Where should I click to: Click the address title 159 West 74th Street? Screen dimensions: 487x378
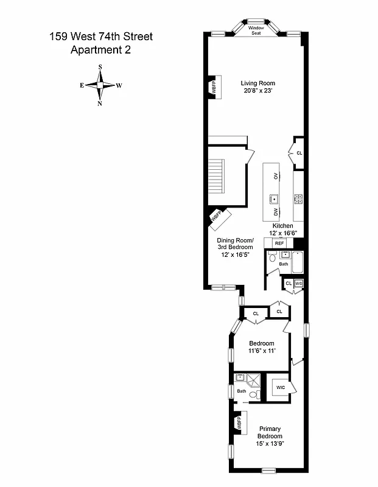pyautogui.click(x=100, y=37)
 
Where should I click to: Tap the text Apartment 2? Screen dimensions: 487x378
pyautogui.click(x=100, y=51)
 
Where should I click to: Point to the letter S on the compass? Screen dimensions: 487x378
pyautogui.click(x=100, y=67)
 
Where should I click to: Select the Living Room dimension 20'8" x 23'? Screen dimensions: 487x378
pyautogui.click(x=257, y=92)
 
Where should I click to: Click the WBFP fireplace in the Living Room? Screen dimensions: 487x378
pyautogui.click(x=213, y=86)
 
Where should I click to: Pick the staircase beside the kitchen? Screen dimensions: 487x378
pyautogui.click(x=219, y=181)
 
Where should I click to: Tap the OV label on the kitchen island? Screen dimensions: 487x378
pyautogui.click(x=276, y=176)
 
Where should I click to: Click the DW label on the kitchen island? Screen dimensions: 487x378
pyautogui.click(x=276, y=211)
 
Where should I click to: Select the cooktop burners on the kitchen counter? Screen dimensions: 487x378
pyautogui.click(x=298, y=198)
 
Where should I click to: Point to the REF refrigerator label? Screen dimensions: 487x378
pyautogui.click(x=279, y=243)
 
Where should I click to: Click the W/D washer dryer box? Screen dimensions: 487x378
pyautogui.click(x=298, y=284)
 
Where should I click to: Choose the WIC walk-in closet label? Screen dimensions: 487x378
pyautogui.click(x=281, y=387)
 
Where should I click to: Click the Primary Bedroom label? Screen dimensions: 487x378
pyautogui.click(x=269, y=432)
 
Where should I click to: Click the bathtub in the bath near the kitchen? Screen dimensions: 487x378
pyautogui.click(x=298, y=262)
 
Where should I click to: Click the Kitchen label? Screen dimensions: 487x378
pyautogui.click(x=282, y=226)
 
